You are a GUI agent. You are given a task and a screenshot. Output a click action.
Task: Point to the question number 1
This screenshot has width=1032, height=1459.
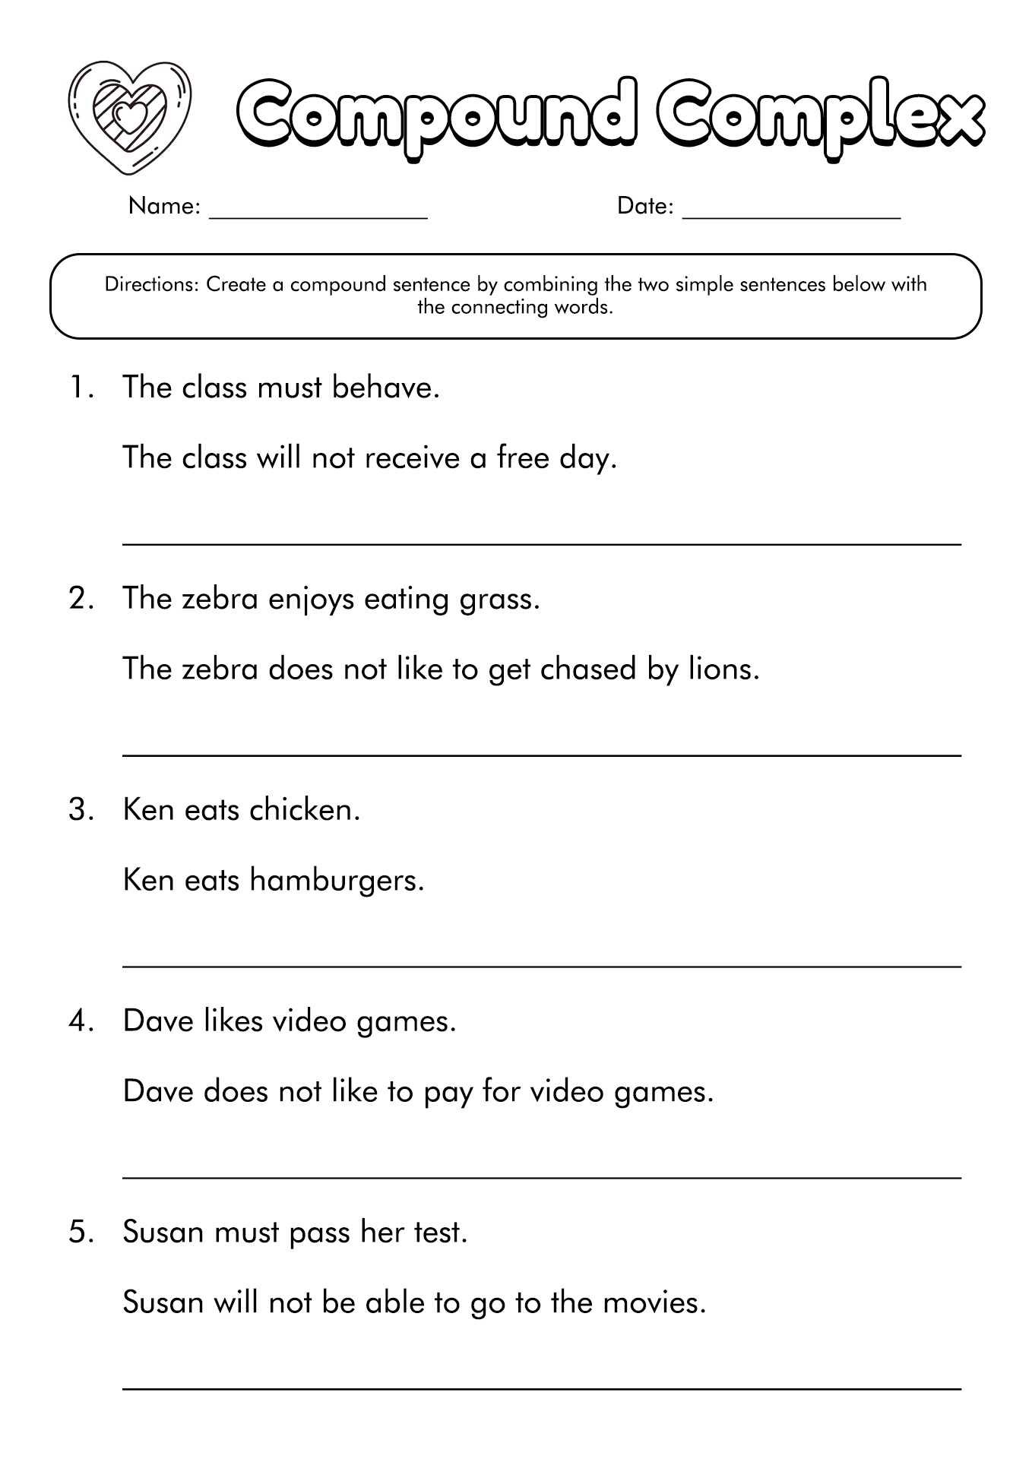pyautogui.click(x=80, y=388)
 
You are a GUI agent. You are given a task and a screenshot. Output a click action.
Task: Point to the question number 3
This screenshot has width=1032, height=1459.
pyautogui.click(x=81, y=810)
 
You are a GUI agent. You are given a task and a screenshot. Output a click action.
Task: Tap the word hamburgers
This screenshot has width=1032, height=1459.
pyautogui.click(x=336, y=881)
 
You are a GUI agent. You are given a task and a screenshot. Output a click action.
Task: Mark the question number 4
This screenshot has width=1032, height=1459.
pyautogui.click(x=81, y=1021)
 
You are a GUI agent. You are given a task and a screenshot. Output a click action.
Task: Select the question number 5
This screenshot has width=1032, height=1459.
pyautogui.click(x=81, y=1233)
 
